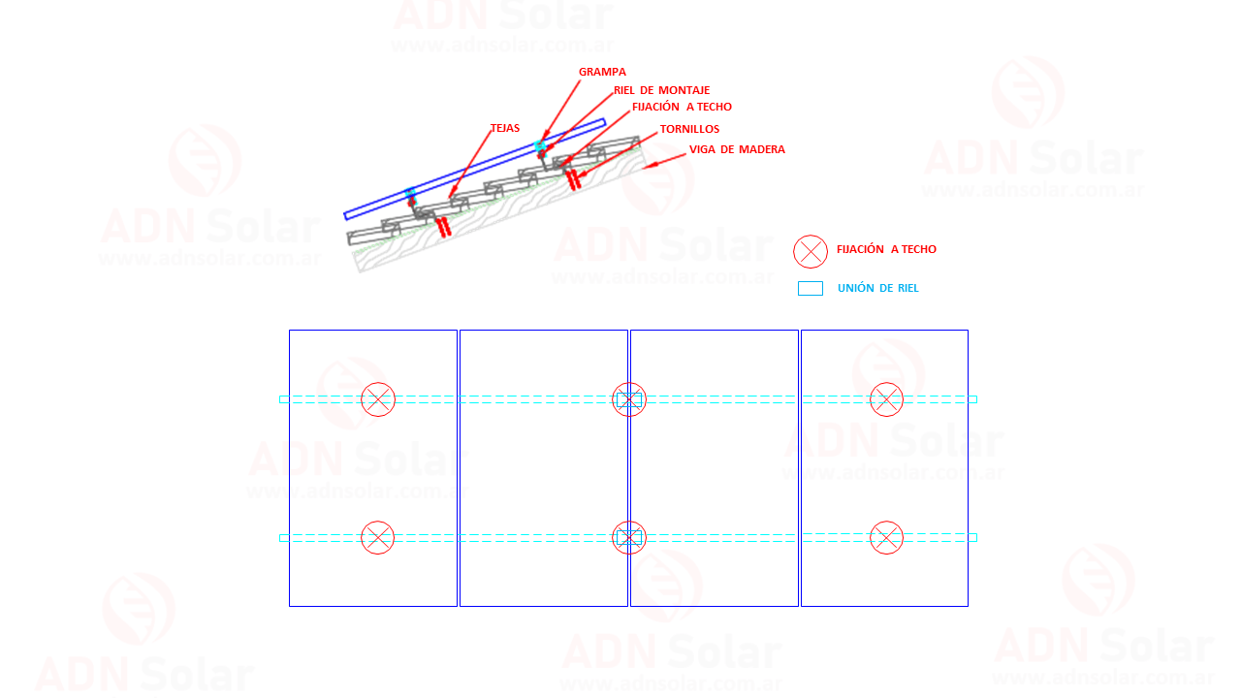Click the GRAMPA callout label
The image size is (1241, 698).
[x=602, y=72]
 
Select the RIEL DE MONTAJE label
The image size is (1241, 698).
[x=661, y=90]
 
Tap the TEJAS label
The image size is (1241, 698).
[x=505, y=128]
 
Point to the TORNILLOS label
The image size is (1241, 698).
[x=689, y=129]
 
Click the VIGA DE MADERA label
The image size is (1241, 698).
[x=737, y=149]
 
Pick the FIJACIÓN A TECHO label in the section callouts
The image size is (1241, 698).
[x=682, y=107]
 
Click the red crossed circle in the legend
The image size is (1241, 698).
[x=810, y=251]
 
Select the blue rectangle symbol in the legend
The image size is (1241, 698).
[x=810, y=289]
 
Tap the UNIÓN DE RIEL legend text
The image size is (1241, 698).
[x=878, y=288]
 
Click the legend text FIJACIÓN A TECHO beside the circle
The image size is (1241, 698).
[x=886, y=249]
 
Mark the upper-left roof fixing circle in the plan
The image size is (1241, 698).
[x=378, y=399]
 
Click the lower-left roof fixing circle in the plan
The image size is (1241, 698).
[x=378, y=537]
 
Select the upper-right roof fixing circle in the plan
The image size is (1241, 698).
[x=886, y=399]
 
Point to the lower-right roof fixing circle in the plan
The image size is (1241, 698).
[x=886, y=537]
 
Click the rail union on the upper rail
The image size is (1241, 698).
[x=629, y=399]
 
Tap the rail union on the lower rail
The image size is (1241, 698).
[x=629, y=537]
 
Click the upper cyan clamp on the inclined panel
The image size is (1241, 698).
[x=540, y=145]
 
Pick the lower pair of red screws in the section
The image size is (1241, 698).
[x=444, y=227]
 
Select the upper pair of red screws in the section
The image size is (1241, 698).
[x=573, y=179]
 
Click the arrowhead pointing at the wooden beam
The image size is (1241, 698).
[x=651, y=165]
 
